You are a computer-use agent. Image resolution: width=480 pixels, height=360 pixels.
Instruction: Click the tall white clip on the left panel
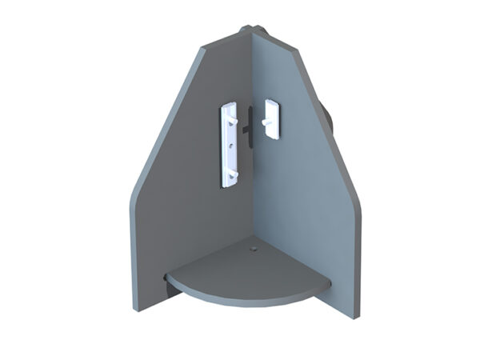pos(229,144)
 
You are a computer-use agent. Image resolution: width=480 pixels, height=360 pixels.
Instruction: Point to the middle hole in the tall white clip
pos(231,146)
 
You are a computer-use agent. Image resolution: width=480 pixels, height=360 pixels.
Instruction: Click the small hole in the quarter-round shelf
pos(254,251)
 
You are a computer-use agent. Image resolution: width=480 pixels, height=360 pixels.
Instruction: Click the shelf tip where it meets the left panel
pos(167,278)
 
